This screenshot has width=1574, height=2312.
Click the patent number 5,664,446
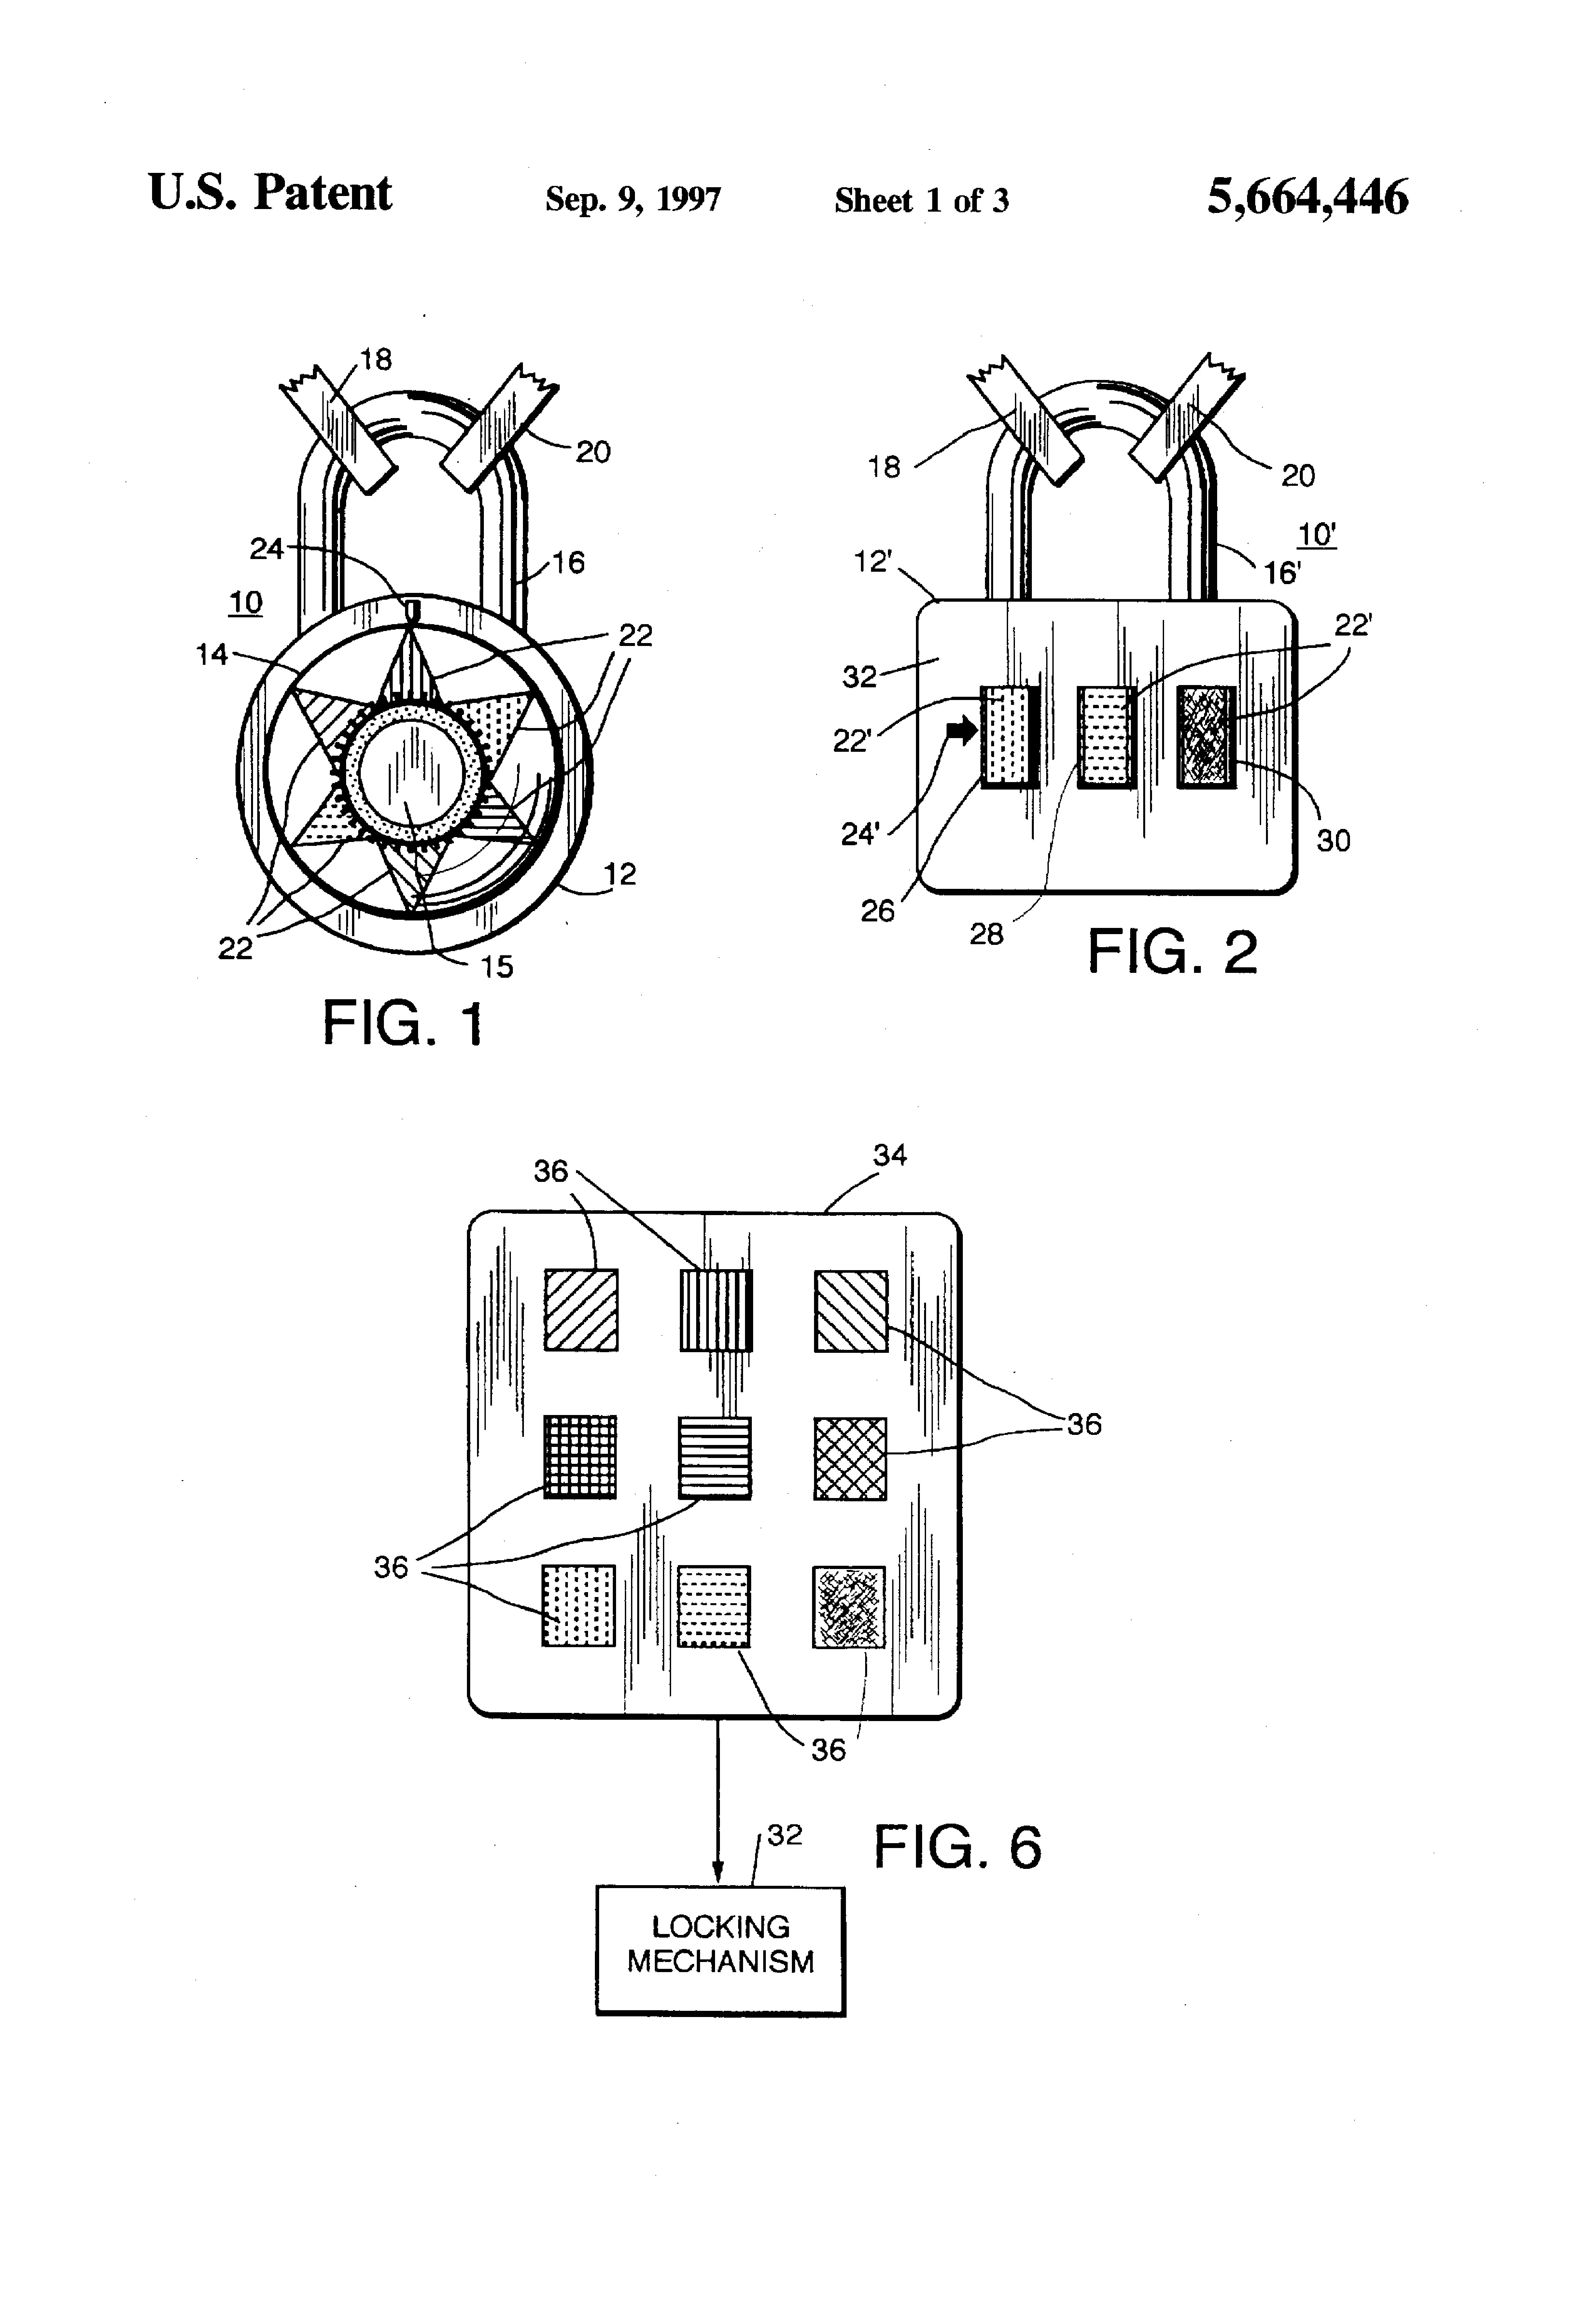[x=1307, y=197]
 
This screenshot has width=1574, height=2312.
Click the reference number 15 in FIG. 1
[x=497, y=966]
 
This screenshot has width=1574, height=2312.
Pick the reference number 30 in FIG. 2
[x=1333, y=841]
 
